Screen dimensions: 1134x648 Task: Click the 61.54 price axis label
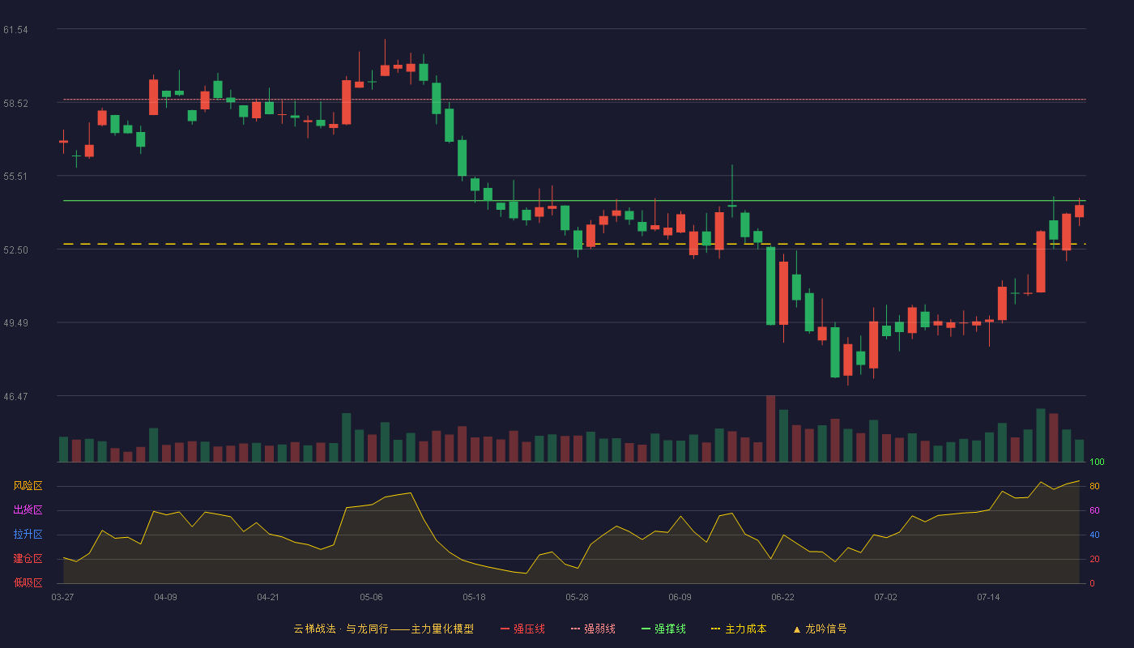pyautogui.click(x=15, y=30)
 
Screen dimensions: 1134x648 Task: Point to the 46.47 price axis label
pyautogui.click(x=15, y=396)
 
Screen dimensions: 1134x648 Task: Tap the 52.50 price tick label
pyautogui.click(x=15, y=250)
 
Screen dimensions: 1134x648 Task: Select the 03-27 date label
pyautogui.click(x=63, y=598)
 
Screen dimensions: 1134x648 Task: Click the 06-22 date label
pyautogui.click(x=782, y=598)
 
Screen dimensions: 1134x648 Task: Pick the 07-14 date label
pyautogui.click(x=988, y=598)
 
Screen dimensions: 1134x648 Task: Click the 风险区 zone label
pyautogui.click(x=28, y=486)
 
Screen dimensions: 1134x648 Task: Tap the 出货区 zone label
pyautogui.click(x=28, y=509)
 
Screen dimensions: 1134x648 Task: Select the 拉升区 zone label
pyautogui.click(x=28, y=534)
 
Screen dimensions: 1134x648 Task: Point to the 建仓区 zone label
pyautogui.click(x=28, y=558)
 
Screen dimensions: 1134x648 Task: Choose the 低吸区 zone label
pyautogui.click(x=28, y=582)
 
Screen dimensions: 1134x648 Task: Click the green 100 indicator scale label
pyautogui.click(x=1097, y=462)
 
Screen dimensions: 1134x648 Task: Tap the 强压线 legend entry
pyautogui.click(x=522, y=629)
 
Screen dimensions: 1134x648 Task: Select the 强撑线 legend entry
pyautogui.click(x=663, y=629)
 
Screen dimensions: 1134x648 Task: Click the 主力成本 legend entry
pyautogui.click(x=739, y=629)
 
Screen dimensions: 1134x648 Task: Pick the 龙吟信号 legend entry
pyautogui.click(x=820, y=629)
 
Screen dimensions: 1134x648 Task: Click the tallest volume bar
pyautogui.click(x=770, y=428)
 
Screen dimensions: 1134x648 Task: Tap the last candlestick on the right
pyautogui.click(x=1079, y=211)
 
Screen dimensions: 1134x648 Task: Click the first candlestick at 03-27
pyautogui.click(x=63, y=142)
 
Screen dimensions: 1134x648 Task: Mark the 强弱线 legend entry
pyautogui.click(x=593, y=629)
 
